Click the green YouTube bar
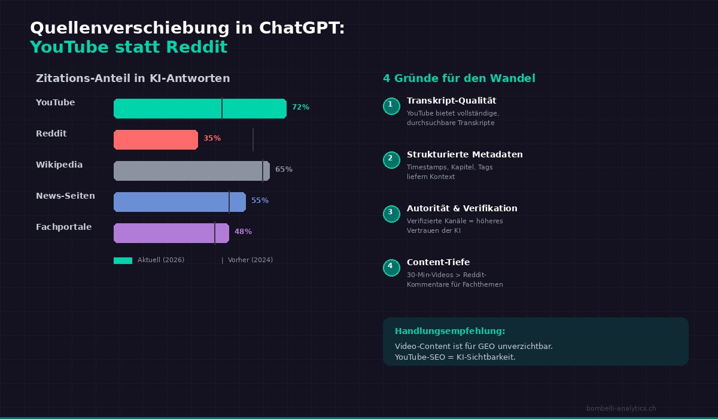point(200,108)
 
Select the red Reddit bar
point(156,139)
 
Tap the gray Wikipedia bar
point(191,171)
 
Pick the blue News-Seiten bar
point(180,202)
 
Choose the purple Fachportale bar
point(171,233)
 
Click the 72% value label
point(300,107)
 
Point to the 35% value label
point(212,138)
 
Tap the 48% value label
point(243,232)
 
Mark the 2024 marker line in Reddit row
point(253,139)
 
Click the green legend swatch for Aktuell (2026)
point(123,260)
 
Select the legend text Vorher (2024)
point(250,260)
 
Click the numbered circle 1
point(391,106)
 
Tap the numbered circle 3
point(391,214)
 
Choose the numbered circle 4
point(391,268)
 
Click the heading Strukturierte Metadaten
point(464,154)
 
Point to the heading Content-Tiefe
point(438,262)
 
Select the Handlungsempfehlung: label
point(450,331)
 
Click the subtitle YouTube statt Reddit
point(129,47)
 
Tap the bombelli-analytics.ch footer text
point(621,408)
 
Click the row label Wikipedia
point(59,165)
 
